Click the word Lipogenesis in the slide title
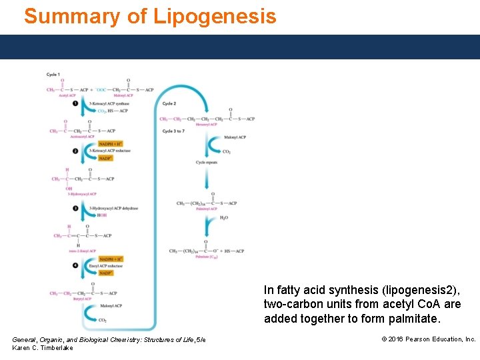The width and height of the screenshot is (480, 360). pos(214,16)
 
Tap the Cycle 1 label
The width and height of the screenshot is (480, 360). pos(53,74)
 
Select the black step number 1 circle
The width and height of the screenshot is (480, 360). pos(75,103)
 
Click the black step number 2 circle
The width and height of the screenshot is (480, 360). pos(75,151)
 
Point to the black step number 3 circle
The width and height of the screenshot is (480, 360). pos(75,208)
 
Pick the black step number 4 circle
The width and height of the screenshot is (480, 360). pos(75,266)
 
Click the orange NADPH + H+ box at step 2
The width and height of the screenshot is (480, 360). pos(111,144)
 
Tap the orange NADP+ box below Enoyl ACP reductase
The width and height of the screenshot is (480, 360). pos(106,273)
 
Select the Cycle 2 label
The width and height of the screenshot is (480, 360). pos(169,103)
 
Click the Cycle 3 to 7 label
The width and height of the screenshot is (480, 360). pos(173,131)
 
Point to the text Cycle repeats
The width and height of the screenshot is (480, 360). pos(207,163)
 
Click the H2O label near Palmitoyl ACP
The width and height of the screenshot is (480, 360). pos(224,217)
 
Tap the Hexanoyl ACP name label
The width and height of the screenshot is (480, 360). pos(207,125)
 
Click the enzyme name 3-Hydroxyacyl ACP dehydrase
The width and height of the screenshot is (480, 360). pos(113,208)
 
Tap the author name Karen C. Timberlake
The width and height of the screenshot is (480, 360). pos(43,348)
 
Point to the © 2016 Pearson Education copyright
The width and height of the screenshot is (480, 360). pos(428,339)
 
